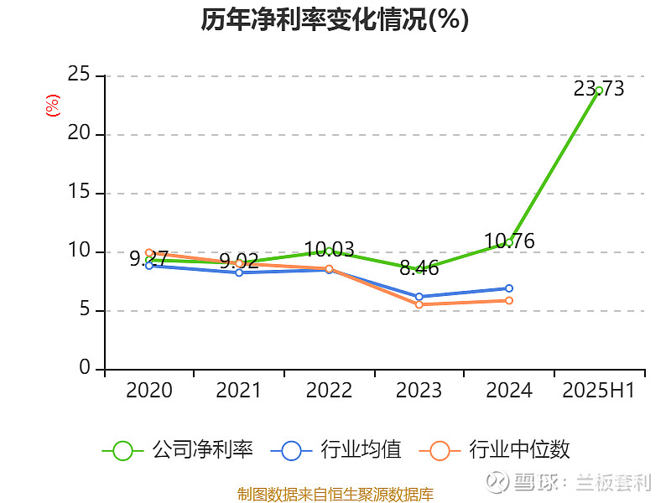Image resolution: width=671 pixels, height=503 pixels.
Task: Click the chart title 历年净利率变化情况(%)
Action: tap(335, 20)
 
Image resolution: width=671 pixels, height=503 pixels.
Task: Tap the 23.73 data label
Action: tap(599, 89)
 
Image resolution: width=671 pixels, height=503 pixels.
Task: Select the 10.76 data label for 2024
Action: tap(509, 241)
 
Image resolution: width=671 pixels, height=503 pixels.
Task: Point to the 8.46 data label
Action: tap(419, 268)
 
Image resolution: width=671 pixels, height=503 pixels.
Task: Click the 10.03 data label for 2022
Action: tap(329, 250)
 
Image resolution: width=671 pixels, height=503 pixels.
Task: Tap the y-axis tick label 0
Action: tap(85, 369)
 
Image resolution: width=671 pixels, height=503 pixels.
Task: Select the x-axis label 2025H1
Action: tap(599, 391)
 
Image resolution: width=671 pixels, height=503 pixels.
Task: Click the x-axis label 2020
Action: tap(149, 391)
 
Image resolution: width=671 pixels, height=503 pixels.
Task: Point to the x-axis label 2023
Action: tap(419, 391)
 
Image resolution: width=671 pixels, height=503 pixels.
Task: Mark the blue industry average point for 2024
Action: tap(509, 288)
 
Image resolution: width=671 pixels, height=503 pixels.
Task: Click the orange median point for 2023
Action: tap(419, 304)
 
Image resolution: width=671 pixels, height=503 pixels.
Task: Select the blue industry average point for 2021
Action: tap(239, 272)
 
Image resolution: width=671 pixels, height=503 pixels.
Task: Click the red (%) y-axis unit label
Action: tap(53, 106)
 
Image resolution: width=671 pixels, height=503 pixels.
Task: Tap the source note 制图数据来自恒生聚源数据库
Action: tap(335, 494)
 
